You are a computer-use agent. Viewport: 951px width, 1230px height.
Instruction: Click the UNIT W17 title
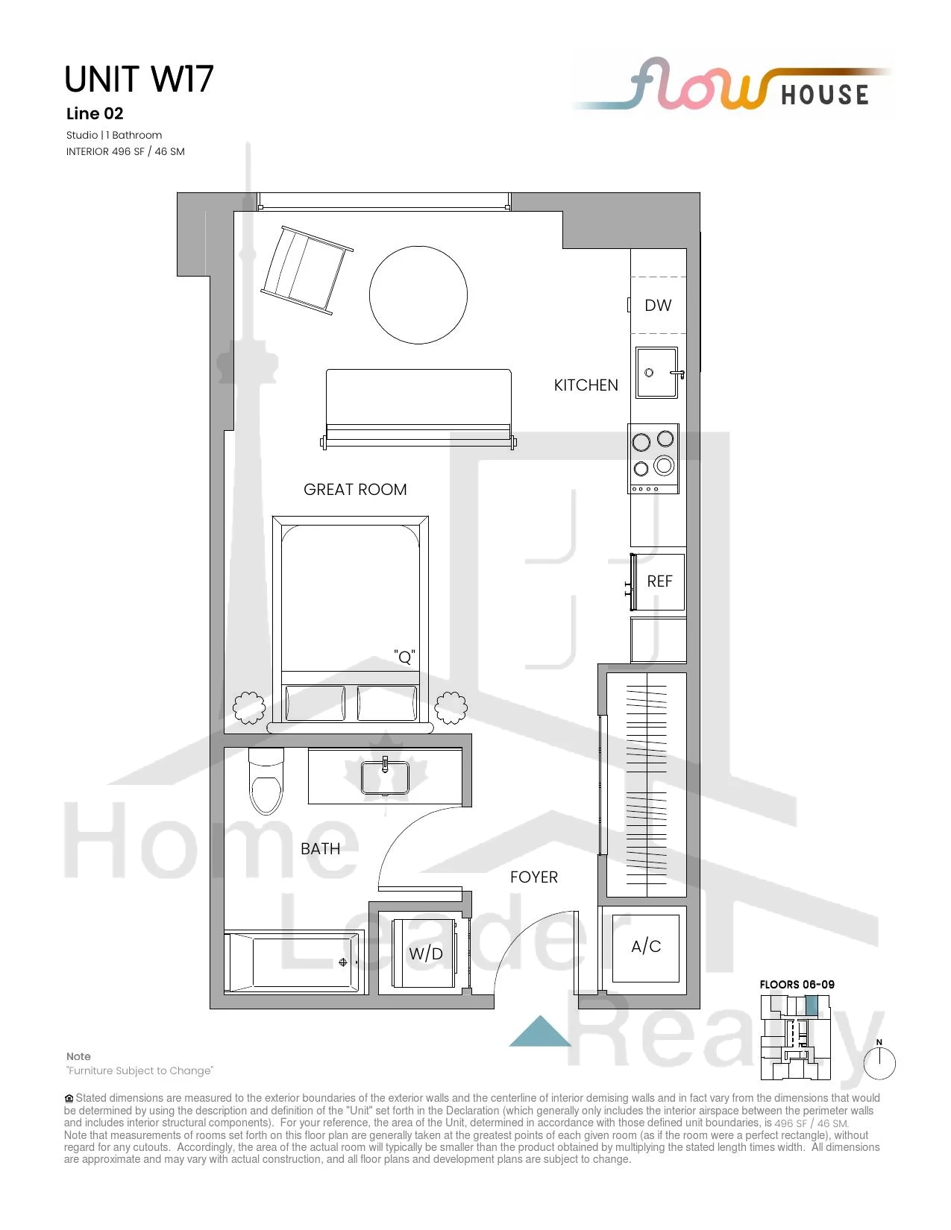pos(139,79)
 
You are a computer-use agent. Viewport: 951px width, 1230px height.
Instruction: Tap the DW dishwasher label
pos(658,305)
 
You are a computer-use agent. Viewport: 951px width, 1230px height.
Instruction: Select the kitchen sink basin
pos(656,373)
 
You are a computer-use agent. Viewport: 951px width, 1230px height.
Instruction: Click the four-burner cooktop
pos(653,458)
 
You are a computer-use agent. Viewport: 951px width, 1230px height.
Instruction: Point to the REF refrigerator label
pos(659,581)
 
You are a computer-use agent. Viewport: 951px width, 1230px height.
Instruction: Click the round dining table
pos(418,295)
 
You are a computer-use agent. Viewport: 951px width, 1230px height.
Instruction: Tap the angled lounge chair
pos(307,270)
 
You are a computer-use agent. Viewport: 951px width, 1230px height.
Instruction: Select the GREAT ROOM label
pos(355,489)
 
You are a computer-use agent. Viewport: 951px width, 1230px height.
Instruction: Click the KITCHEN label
pos(586,385)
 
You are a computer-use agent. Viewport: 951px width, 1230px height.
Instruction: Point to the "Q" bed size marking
pos(404,657)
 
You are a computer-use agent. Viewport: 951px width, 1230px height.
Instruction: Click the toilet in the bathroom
pos(266,781)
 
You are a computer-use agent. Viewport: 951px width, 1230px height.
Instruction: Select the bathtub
pos(292,962)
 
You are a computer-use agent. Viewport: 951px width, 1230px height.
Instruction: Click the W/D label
pos(425,953)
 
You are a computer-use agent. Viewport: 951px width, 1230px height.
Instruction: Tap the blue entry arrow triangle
pos(540,1030)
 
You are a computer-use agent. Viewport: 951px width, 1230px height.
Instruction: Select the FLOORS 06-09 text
pos(797,984)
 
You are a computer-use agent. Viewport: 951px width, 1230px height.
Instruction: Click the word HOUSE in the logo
pos(825,95)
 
